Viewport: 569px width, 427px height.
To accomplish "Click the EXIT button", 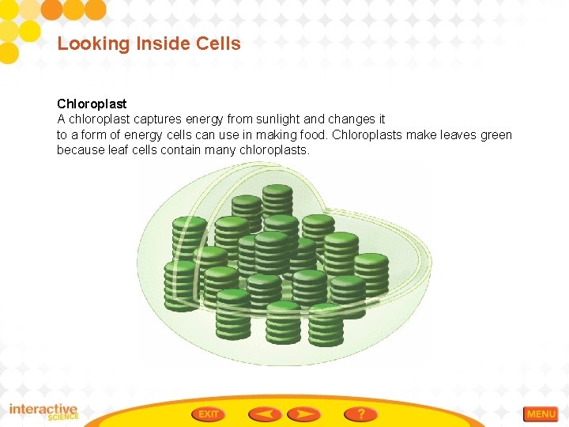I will click(x=209, y=414).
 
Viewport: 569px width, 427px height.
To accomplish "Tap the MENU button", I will click(x=541, y=414).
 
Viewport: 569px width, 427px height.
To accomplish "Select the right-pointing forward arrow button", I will click(x=304, y=414).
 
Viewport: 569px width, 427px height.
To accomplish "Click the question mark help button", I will click(x=360, y=414).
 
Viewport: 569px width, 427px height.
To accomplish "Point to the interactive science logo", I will click(x=43, y=412).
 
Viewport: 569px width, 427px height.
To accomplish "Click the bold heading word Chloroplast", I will click(x=92, y=104).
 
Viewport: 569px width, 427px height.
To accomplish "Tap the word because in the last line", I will click(x=79, y=150).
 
